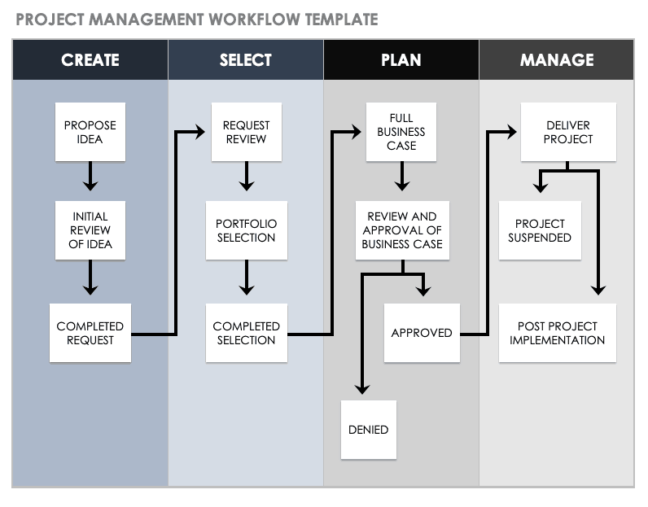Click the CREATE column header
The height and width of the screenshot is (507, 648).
90,60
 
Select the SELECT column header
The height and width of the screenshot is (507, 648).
246,60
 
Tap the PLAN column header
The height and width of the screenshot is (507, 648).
401,60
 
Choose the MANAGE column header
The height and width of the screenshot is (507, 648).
557,60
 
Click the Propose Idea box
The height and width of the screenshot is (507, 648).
90,132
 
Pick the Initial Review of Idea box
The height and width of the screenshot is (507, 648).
90,230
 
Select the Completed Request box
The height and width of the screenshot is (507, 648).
90,333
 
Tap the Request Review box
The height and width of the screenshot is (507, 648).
246,132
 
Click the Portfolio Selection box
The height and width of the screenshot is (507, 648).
246,230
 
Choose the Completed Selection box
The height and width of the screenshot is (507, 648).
246,333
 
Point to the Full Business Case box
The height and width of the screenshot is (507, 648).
401,132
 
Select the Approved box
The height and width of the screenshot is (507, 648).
422,333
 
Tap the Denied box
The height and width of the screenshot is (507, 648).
368,429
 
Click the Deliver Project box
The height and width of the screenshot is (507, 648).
568,132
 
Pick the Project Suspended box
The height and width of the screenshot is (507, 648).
540,230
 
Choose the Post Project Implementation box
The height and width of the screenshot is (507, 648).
557,333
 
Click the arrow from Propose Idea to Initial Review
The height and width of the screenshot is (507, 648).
90,177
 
